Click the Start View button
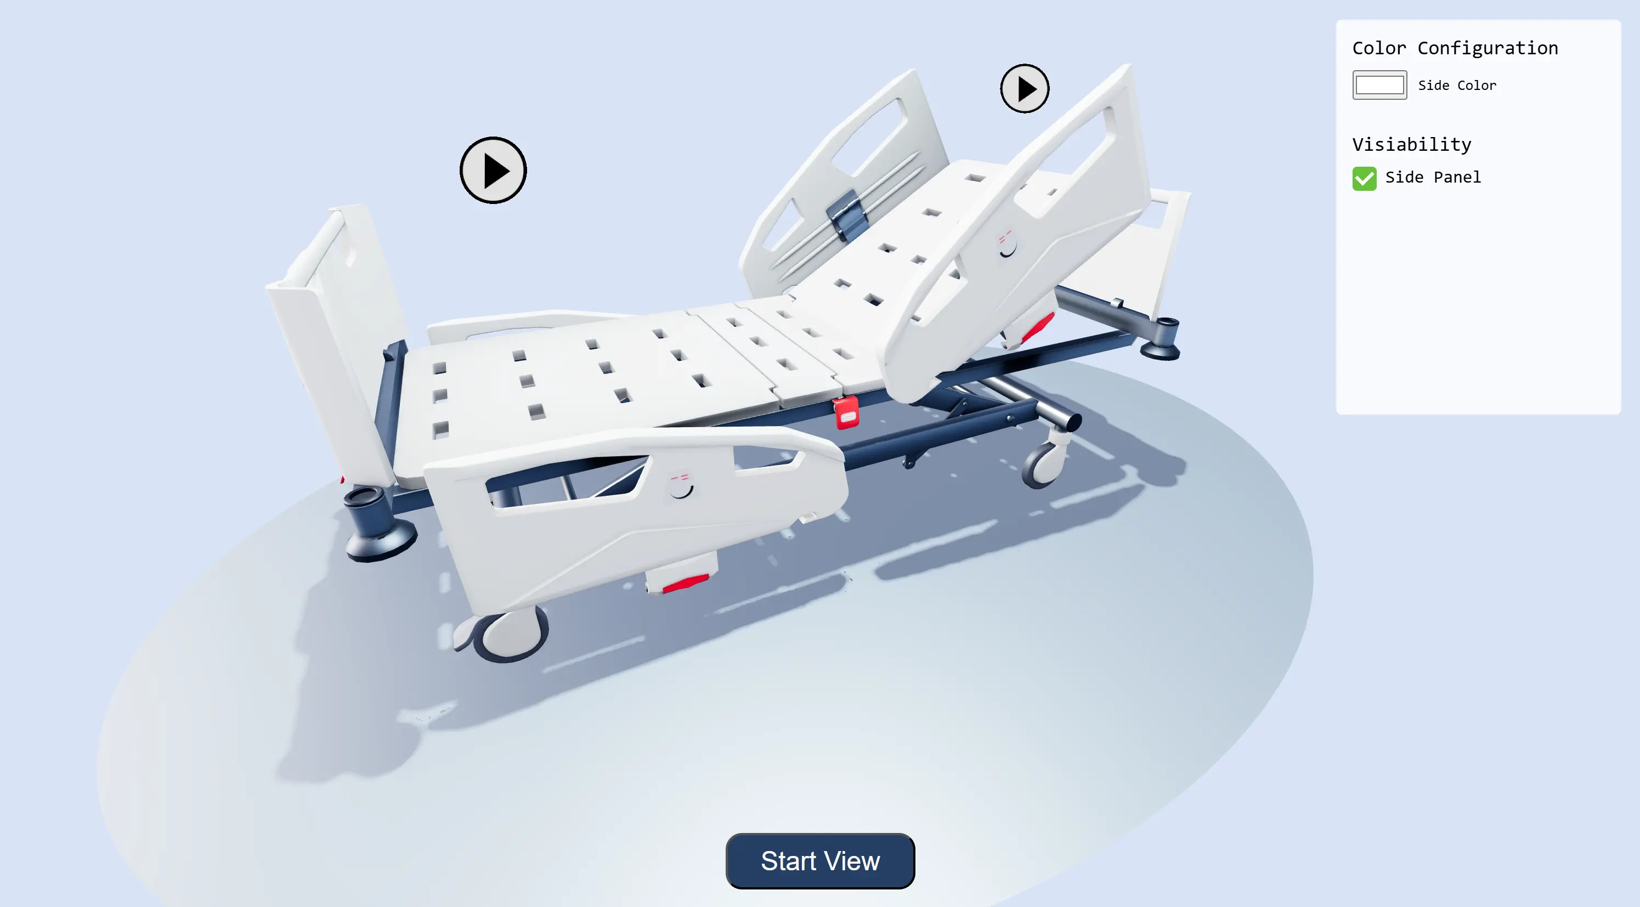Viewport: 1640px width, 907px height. pyautogui.click(x=820, y=860)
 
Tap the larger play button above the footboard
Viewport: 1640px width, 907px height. pyautogui.click(x=493, y=171)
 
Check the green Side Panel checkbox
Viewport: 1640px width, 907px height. pyautogui.click(x=1364, y=178)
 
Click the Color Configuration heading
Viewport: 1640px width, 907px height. pyautogui.click(x=1455, y=48)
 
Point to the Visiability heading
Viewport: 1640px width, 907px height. pyautogui.click(x=1411, y=144)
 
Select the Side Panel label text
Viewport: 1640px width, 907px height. pyautogui.click(x=1433, y=177)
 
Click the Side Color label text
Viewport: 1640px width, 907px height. pyautogui.click(x=1457, y=86)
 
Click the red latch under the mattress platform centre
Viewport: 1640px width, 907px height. pyautogui.click(x=847, y=412)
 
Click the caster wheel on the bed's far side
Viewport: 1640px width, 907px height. pyautogui.click(x=1044, y=463)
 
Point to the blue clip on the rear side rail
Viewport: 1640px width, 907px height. pyautogui.click(x=847, y=214)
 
